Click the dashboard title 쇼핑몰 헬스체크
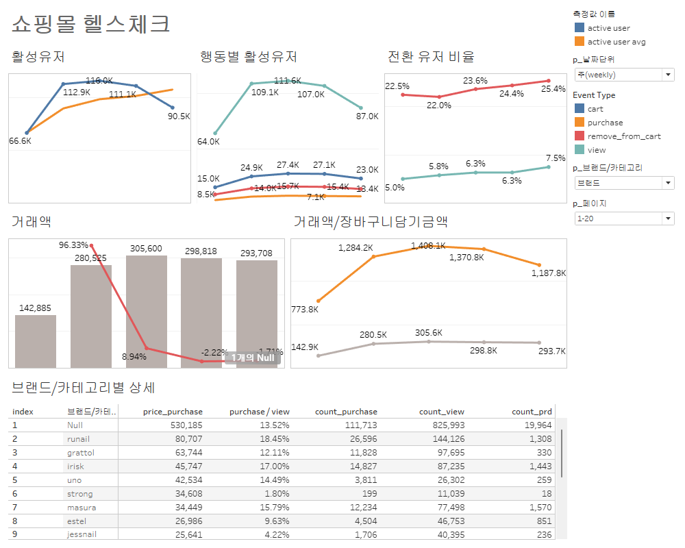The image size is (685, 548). click(91, 25)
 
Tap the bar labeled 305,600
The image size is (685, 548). click(146, 312)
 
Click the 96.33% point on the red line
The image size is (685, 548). click(91, 245)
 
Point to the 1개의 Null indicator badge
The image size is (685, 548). click(252, 358)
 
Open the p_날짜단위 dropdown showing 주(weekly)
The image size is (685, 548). click(624, 74)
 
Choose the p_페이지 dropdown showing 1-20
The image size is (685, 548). click(624, 219)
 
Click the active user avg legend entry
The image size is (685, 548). click(616, 42)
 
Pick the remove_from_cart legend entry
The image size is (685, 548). click(623, 136)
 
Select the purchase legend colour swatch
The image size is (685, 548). click(580, 123)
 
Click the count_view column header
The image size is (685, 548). click(441, 412)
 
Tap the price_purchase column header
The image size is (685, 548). click(173, 412)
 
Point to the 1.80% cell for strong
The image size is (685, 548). click(277, 494)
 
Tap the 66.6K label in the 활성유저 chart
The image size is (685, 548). click(20, 141)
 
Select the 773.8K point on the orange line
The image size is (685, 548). click(319, 301)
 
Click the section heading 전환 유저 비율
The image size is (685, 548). click(431, 57)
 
